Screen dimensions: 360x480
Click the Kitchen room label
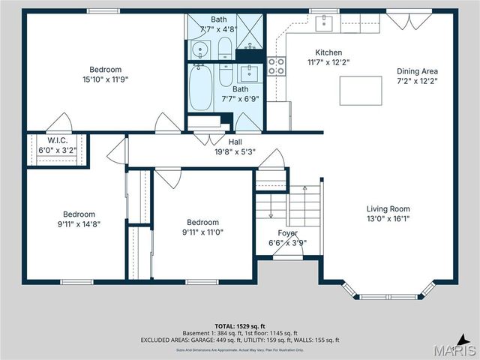(328, 52)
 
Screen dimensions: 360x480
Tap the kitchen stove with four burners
(277, 66)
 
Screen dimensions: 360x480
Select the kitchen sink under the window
(324, 24)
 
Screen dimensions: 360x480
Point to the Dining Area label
(418, 72)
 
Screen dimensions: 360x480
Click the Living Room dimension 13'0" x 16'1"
(388, 219)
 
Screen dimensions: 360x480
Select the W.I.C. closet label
(57, 140)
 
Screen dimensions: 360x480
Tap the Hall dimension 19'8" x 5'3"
(235, 151)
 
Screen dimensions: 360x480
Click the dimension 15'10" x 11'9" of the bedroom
(106, 79)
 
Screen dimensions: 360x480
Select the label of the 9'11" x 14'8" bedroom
(79, 213)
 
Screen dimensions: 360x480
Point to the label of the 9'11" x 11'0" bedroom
(202, 222)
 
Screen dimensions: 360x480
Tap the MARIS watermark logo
(453, 349)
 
